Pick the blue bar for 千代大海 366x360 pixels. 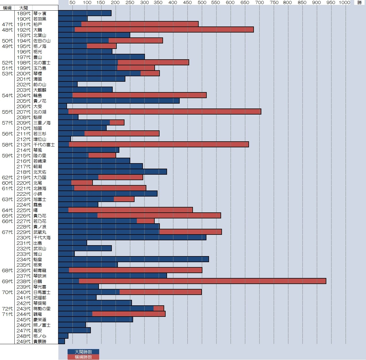pos(132,237)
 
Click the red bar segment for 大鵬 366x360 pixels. pos(164,30)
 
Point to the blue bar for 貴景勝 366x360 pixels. pos(62,341)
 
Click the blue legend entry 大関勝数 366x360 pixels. pos(83,352)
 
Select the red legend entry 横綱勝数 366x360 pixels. pos(83,357)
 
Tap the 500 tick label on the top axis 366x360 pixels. pos(202,3)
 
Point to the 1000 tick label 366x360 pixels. pos(344,3)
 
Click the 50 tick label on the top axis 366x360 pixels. pos(72,3)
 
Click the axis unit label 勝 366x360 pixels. pos(359,3)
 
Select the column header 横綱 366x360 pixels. pos(7,8)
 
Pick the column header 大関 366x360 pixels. pos(23,8)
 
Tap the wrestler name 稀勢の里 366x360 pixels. pos(42,308)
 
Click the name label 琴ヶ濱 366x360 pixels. pos(40,14)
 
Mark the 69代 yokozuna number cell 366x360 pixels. pos(7,281)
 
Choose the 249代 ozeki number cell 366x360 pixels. pos(23,341)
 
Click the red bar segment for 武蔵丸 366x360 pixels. pos(190,232)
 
